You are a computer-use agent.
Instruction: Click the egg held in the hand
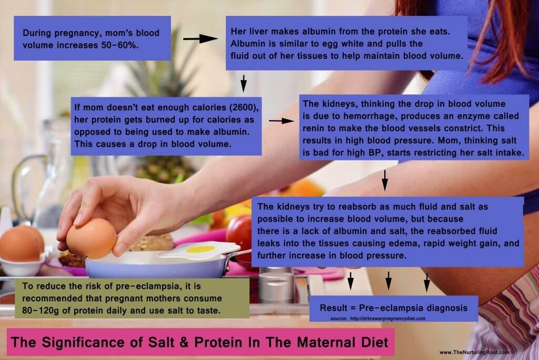(x=91, y=237)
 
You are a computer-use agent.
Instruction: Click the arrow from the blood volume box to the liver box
(x=200, y=38)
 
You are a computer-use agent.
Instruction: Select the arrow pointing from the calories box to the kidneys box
(x=281, y=121)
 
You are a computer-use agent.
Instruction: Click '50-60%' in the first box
(x=114, y=45)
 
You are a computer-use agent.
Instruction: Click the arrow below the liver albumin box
(x=243, y=82)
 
